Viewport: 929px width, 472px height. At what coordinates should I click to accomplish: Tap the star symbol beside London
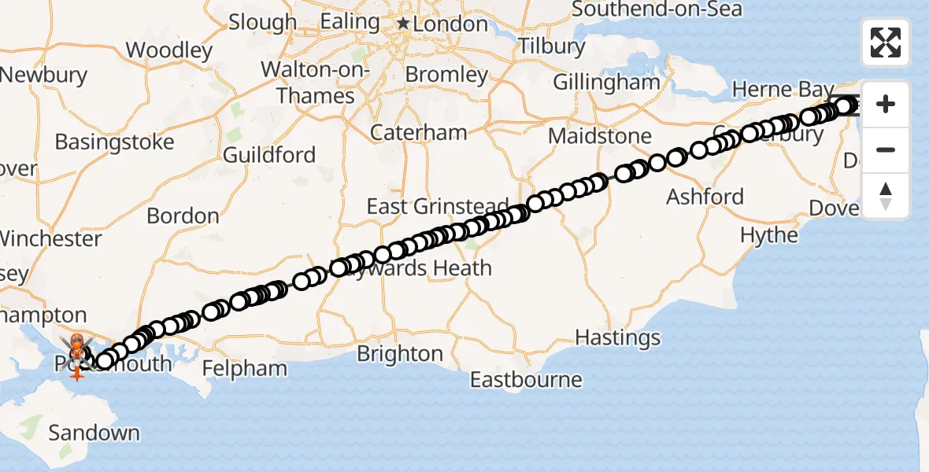(x=404, y=24)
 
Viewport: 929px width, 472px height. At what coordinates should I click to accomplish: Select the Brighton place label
(x=400, y=354)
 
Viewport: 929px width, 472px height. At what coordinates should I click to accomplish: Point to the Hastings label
(x=618, y=338)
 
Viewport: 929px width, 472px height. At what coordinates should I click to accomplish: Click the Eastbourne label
(x=526, y=380)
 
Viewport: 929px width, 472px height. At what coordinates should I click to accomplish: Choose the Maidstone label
(x=600, y=136)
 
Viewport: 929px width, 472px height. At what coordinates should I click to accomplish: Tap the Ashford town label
(x=705, y=196)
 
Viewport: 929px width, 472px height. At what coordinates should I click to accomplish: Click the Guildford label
(x=269, y=154)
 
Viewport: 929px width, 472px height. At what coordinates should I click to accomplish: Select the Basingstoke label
(x=115, y=142)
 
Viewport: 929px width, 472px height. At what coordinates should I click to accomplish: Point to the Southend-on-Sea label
(x=657, y=9)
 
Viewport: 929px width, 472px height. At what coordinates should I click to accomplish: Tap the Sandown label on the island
(x=94, y=433)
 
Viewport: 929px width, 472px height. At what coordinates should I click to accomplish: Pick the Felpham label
(x=245, y=368)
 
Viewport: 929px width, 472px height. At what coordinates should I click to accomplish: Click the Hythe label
(x=769, y=235)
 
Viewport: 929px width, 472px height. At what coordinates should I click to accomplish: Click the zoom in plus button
(x=886, y=104)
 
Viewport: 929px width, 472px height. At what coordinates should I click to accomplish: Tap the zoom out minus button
(x=886, y=149)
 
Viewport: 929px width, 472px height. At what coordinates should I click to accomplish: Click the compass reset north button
(x=886, y=196)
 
